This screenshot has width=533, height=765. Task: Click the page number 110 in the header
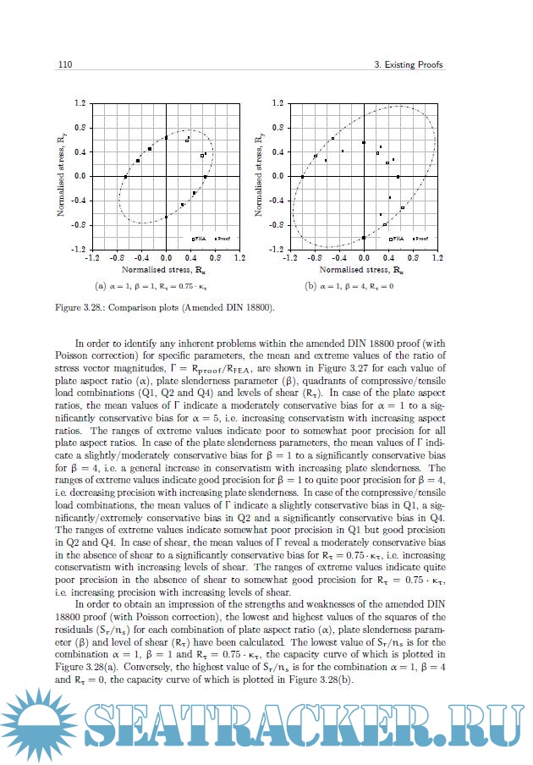[x=63, y=65]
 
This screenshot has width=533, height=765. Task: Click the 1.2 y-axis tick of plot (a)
[x=80, y=103]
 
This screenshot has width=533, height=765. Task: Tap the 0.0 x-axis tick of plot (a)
[x=166, y=257]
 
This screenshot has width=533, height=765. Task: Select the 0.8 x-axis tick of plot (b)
[x=413, y=257]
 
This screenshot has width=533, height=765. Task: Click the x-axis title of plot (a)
[x=165, y=268]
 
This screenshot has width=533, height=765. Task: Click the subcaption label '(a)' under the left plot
[x=102, y=286]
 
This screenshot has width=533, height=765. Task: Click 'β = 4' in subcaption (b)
[x=354, y=286]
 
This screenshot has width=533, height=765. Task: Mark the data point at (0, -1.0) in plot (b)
[x=363, y=238]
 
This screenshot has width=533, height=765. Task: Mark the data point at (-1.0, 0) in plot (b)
[x=302, y=177]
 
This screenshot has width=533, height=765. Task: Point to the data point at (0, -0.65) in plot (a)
[x=167, y=217]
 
